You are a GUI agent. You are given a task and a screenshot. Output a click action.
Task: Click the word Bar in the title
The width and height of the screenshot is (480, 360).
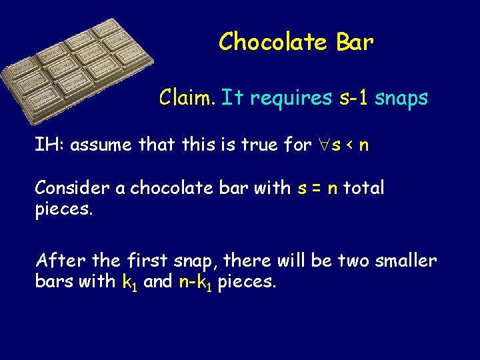[x=355, y=42]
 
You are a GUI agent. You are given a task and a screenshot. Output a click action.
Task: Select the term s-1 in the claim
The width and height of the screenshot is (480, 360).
[x=352, y=99]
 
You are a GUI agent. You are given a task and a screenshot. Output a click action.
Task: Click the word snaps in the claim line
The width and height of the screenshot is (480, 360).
[x=401, y=99]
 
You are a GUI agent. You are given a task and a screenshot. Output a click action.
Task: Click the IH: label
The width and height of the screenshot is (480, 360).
[x=50, y=145]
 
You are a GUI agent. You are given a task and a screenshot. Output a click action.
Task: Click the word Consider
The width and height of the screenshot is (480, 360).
[x=72, y=188]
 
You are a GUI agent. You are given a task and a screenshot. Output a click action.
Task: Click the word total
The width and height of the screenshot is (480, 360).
[x=364, y=188]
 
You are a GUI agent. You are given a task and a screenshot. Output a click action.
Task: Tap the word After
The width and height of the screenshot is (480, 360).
[x=58, y=259]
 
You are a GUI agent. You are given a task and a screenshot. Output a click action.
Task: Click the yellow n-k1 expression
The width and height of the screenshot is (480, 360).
[x=196, y=282]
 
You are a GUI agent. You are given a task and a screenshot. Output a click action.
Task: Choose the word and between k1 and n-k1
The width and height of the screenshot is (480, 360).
[x=158, y=281]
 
